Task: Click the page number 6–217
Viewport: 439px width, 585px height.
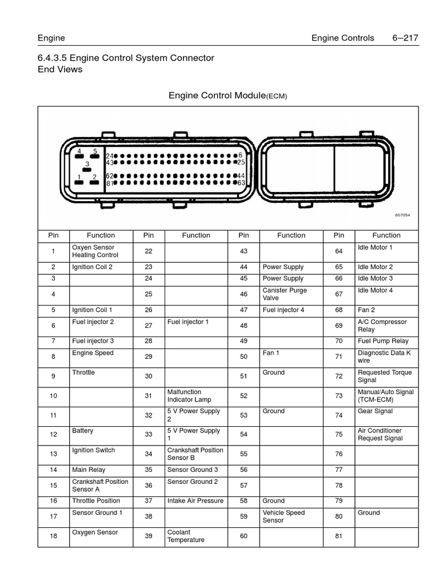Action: (405, 38)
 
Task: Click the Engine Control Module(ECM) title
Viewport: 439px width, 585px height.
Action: (228, 95)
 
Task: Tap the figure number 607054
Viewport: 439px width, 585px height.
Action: (402, 215)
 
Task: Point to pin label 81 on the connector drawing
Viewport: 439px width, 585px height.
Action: (110, 183)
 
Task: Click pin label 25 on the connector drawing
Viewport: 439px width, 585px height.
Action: (241, 162)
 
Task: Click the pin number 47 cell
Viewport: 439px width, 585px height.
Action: (244, 310)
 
